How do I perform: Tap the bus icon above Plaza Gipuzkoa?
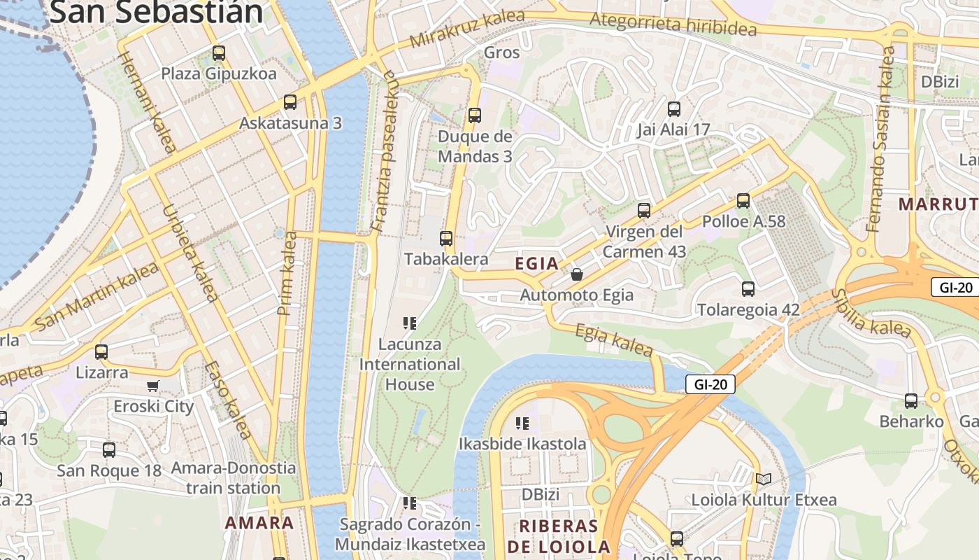[x=219, y=52]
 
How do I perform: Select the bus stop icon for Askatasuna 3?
[x=290, y=102]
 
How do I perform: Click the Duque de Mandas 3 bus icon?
[x=475, y=115]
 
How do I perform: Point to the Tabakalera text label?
[x=446, y=259]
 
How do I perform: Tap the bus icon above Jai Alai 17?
[x=674, y=109]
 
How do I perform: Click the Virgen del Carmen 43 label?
[x=643, y=241]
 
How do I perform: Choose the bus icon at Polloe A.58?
[x=743, y=201]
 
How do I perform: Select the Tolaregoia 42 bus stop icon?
[x=748, y=288]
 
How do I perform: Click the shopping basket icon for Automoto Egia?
[x=577, y=274]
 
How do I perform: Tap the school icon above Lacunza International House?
[x=410, y=323]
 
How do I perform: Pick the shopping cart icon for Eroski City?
[x=154, y=386]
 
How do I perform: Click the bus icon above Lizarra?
[x=101, y=351]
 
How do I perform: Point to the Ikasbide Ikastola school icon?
[x=522, y=423]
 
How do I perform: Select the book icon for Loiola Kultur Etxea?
[x=763, y=479]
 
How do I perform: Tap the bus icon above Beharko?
[x=911, y=401]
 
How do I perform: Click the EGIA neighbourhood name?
[x=537, y=264]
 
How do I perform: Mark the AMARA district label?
[x=259, y=523]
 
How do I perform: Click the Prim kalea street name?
[x=287, y=273]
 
